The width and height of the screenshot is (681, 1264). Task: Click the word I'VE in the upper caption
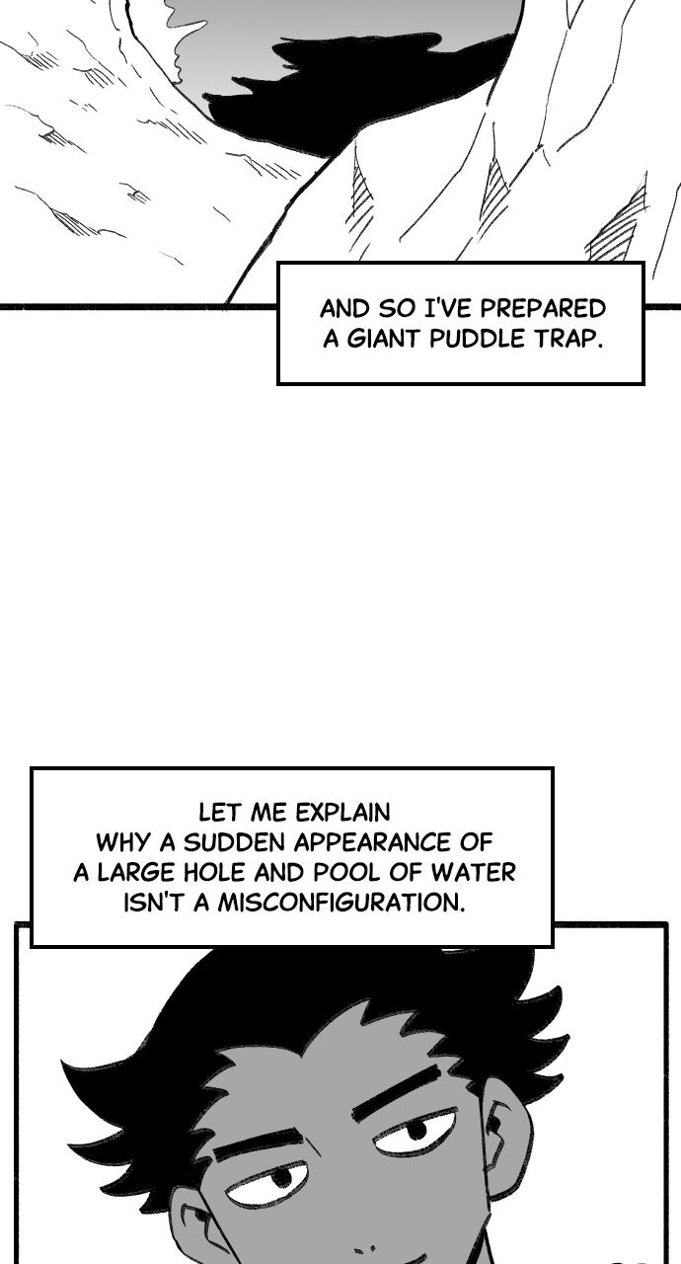[448, 309]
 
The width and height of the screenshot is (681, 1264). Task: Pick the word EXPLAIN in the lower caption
[342, 813]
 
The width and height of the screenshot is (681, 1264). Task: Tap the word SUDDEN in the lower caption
[236, 842]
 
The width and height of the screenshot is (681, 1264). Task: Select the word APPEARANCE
[373, 842]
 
